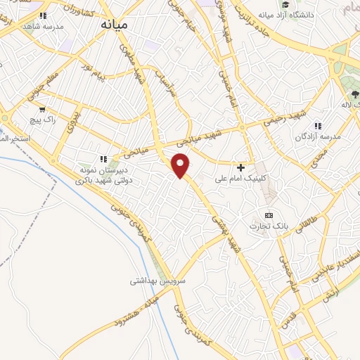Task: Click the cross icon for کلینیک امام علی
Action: coord(241,167)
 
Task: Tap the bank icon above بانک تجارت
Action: coord(268,214)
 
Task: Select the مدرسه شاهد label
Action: coord(43,25)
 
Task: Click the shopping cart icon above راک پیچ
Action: coord(43,109)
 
